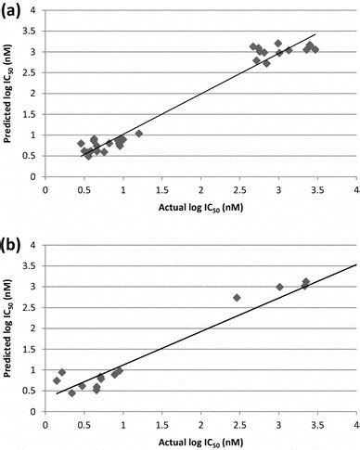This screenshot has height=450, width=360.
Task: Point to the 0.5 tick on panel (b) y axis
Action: pos(34,390)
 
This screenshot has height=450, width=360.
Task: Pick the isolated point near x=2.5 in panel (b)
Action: pos(237,298)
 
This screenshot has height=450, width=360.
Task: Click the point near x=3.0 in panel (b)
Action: pos(279,287)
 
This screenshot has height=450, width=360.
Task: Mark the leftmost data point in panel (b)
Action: pos(57,380)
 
